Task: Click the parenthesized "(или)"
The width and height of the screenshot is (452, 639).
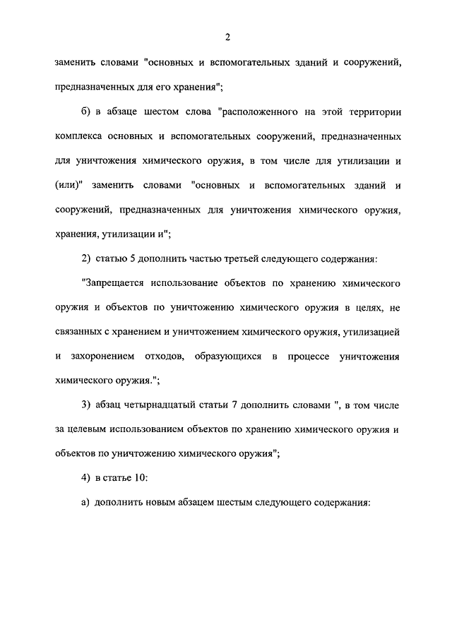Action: (69, 185)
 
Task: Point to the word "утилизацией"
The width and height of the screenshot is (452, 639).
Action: (374, 332)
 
